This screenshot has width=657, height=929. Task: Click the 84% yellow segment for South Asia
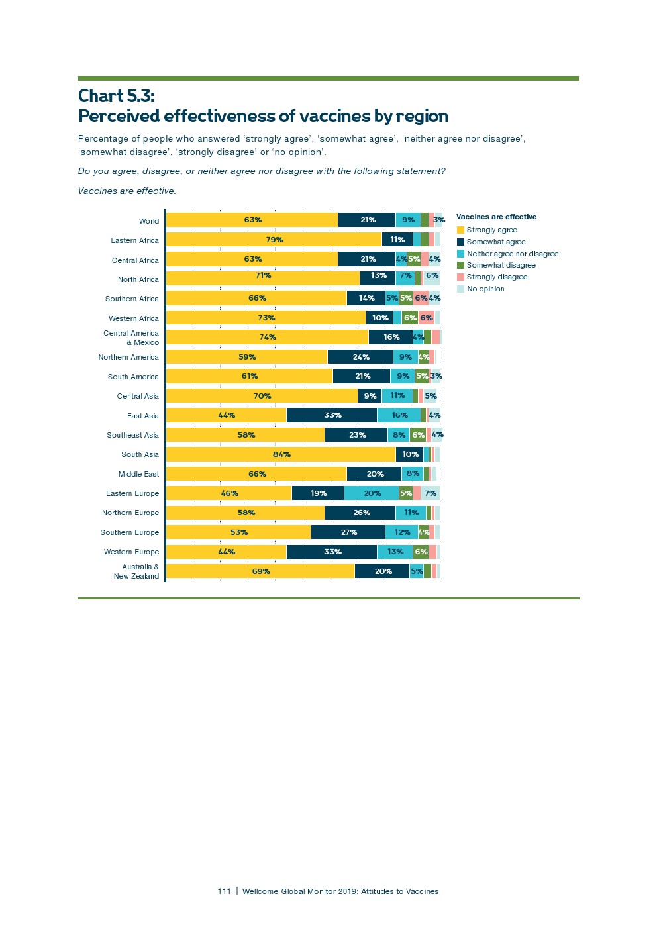tap(281, 454)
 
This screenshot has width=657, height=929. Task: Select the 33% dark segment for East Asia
tap(332, 415)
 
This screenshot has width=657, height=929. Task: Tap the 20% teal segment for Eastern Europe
tap(372, 493)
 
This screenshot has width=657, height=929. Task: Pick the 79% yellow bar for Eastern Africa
tap(274, 240)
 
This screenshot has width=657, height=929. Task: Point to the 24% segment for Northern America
tap(360, 357)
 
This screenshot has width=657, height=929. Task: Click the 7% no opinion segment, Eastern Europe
tap(430, 493)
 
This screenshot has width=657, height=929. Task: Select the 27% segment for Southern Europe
tap(348, 532)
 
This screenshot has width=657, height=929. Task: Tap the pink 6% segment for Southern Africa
tap(421, 298)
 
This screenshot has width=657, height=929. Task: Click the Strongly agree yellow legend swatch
tap(460, 230)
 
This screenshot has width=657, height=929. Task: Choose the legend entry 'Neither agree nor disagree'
tap(513, 254)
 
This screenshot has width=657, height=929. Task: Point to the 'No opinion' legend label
tap(485, 289)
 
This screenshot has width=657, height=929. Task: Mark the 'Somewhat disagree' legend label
tap(501, 265)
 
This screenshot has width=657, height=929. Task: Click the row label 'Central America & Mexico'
tap(131, 338)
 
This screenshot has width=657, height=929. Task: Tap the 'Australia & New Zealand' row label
tap(136, 571)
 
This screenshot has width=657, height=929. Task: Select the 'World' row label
tap(149, 221)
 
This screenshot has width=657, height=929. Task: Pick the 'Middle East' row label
tap(138, 474)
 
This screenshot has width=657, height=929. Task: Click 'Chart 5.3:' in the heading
tap(117, 96)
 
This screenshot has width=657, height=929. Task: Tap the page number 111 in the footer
tap(224, 891)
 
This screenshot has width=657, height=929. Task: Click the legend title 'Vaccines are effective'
tap(496, 217)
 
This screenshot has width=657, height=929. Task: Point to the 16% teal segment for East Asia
tap(399, 415)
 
